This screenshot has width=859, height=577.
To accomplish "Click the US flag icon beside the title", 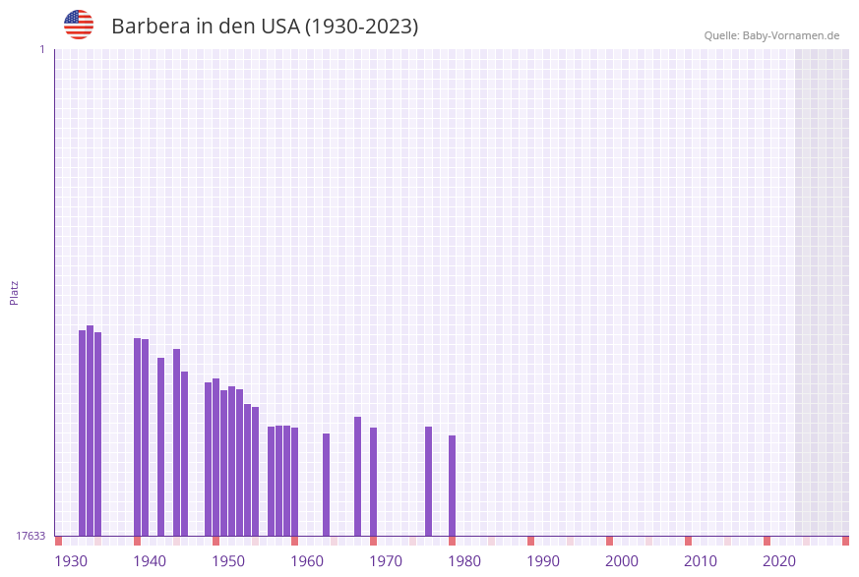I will pyautogui.click(x=79, y=25).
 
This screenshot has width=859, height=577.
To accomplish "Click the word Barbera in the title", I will pyautogui.click(x=150, y=27).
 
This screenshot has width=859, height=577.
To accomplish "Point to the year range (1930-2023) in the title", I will pyautogui.click(x=361, y=27).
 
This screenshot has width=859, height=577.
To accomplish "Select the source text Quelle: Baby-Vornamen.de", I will pyautogui.click(x=771, y=35).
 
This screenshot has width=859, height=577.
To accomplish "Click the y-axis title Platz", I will pyautogui.click(x=15, y=292).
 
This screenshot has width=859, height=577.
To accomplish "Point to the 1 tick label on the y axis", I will pyautogui.click(x=41, y=49).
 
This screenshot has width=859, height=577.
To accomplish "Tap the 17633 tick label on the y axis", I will pyautogui.click(x=31, y=536).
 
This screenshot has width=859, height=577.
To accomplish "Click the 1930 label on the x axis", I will pyautogui.click(x=71, y=561).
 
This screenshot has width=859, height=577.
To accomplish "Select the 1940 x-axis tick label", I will pyautogui.click(x=150, y=561).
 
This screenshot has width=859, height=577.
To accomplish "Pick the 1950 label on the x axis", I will pyautogui.click(x=228, y=561).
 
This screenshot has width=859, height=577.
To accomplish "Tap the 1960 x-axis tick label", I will pyautogui.click(x=307, y=561).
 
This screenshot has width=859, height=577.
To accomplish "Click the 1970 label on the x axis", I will pyautogui.click(x=386, y=561).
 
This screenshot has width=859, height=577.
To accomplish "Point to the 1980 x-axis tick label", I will pyautogui.click(x=464, y=561).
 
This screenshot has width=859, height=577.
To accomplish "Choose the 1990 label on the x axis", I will pyautogui.click(x=543, y=561).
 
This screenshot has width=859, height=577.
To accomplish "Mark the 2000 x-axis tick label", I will pyautogui.click(x=622, y=561).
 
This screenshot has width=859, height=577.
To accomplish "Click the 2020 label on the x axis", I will pyautogui.click(x=779, y=561).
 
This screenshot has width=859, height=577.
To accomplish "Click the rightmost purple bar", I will pyautogui.click(x=452, y=486).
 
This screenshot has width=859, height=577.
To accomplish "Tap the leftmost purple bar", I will pyautogui.click(x=82, y=433).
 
